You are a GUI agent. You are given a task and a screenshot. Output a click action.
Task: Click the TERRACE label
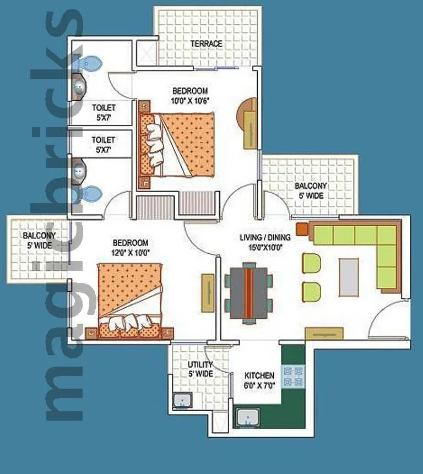click(x=206, y=43)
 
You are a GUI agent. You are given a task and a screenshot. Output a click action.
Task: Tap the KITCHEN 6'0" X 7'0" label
click(x=259, y=380)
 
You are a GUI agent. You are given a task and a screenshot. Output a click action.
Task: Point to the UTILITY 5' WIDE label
click(x=200, y=369)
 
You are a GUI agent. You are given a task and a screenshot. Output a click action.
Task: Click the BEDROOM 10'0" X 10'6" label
click(x=190, y=95)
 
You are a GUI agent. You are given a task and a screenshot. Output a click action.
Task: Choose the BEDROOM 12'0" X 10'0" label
click(x=130, y=248)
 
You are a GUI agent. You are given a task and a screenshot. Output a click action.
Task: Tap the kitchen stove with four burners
click(x=293, y=377)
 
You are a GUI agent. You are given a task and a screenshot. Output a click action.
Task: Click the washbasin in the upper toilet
click(x=79, y=85)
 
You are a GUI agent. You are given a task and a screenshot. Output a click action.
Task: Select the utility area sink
click(x=181, y=400)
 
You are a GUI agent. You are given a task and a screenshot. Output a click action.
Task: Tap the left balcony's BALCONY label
click(x=38, y=236)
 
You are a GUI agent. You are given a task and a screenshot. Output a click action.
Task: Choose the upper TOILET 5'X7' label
click(x=104, y=112)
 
